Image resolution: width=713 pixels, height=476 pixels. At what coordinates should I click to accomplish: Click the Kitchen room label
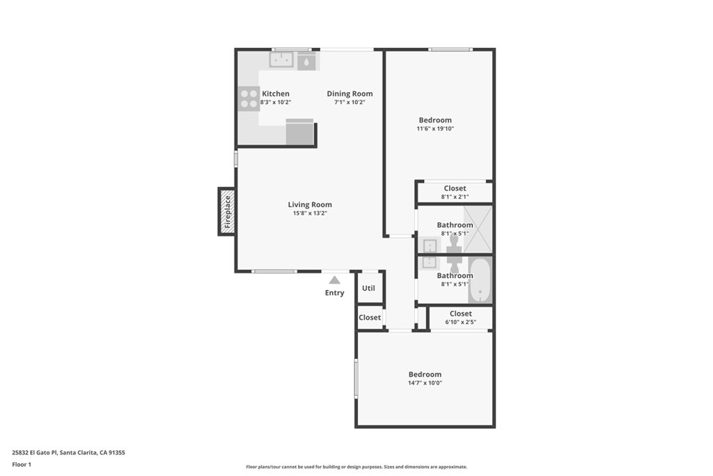(x=275, y=93)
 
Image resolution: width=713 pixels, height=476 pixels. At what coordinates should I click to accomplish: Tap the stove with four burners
(x=249, y=98)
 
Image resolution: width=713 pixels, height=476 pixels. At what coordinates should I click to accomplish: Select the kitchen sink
(x=281, y=61)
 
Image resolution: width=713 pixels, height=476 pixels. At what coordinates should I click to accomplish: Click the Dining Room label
(x=350, y=93)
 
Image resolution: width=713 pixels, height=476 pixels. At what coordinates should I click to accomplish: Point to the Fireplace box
(x=226, y=211)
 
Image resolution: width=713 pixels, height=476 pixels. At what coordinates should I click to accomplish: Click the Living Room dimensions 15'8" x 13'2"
(x=310, y=213)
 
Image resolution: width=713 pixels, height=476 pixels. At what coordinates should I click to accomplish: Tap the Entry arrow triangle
(x=334, y=280)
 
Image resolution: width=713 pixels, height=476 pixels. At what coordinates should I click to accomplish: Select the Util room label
(x=368, y=288)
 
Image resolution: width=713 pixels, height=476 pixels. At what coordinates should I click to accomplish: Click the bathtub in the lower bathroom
(x=480, y=280)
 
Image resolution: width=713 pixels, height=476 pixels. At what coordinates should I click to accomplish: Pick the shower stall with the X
(x=478, y=229)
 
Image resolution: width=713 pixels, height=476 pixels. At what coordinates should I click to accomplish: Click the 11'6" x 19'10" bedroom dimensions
(x=434, y=129)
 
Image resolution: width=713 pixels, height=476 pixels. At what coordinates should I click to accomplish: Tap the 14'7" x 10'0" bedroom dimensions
(x=425, y=383)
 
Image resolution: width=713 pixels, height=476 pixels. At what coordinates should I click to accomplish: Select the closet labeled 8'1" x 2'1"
(x=455, y=192)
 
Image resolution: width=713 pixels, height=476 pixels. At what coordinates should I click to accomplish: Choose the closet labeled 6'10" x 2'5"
(x=460, y=318)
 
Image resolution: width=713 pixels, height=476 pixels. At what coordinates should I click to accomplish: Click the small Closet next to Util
(x=370, y=317)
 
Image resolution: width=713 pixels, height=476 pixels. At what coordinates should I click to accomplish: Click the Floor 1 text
(x=22, y=463)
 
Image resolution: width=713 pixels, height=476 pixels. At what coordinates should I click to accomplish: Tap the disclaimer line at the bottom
(x=356, y=467)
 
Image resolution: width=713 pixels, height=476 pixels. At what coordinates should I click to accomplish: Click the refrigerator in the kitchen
(x=300, y=132)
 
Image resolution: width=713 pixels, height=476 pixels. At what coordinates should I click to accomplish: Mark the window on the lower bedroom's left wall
(x=356, y=378)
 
